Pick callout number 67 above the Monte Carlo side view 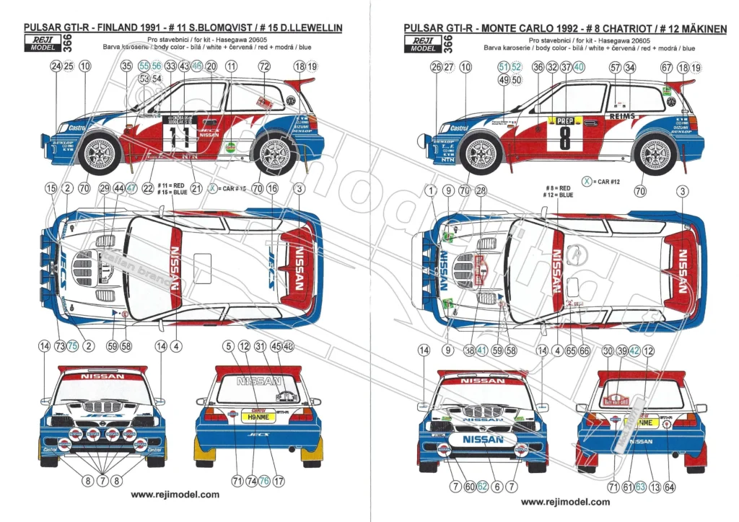click(666, 68)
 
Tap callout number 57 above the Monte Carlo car click(615, 68)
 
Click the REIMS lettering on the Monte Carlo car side click(622, 116)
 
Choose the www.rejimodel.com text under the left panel click(175, 495)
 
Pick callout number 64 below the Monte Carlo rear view click(670, 487)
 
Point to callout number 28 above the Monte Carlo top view click(481, 190)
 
